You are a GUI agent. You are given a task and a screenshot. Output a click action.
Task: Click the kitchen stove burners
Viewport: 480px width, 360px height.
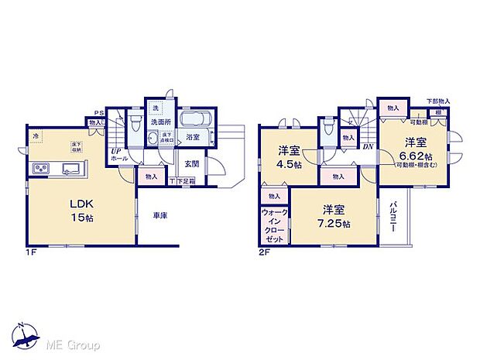point(41,170)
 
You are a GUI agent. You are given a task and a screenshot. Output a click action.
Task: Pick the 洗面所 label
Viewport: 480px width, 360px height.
point(160,122)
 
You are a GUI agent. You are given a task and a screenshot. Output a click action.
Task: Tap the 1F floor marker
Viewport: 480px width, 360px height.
point(31,252)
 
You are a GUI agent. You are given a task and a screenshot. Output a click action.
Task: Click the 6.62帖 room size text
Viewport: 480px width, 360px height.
point(413,156)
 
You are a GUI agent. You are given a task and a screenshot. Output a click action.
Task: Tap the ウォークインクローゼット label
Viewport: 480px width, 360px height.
point(275,225)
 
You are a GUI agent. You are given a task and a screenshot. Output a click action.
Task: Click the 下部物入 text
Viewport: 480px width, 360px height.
point(438,101)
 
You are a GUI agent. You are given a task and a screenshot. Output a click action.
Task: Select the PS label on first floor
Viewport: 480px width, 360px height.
point(90,113)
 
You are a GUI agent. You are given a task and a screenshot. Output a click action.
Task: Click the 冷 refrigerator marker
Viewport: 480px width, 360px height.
point(36,136)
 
